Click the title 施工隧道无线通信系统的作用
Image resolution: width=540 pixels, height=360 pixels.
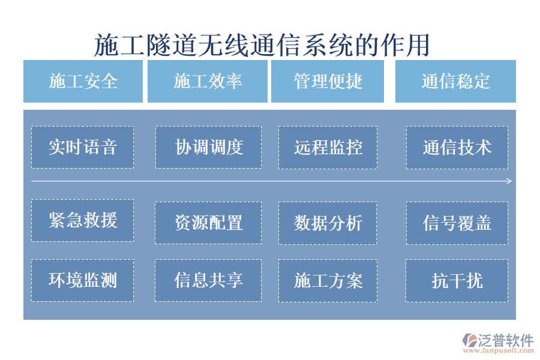[x=262, y=45]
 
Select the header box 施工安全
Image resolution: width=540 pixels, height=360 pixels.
[x=83, y=81]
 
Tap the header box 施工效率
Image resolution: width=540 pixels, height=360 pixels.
[x=208, y=81]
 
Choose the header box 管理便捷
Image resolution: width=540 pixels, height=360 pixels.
[x=328, y=81]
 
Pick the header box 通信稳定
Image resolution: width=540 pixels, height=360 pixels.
[x=455, y=81]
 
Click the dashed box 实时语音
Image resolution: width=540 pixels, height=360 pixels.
[x=82, y=147]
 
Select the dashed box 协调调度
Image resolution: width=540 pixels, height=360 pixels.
[x=208, y=147]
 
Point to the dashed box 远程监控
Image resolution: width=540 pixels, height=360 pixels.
[x=328, y=147]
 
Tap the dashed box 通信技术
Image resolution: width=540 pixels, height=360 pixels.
[x=457, y=147]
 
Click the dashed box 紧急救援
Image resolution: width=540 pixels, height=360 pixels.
[x=82, y=220]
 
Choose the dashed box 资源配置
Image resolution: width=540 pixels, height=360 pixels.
[x=208, y=223]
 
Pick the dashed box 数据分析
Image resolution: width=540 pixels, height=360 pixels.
[x=328, y=223]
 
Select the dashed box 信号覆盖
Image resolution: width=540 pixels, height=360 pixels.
[x=457, y=223]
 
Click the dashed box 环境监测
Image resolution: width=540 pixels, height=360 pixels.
[x=82, y=280]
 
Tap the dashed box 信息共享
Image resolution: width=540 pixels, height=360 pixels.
[x=208, y=280]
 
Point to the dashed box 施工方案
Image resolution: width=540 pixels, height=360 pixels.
[x=328, y=280]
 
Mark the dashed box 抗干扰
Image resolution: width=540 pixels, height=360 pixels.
[x=457, y=280]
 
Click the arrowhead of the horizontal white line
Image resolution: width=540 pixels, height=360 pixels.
[x=509, y=181]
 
